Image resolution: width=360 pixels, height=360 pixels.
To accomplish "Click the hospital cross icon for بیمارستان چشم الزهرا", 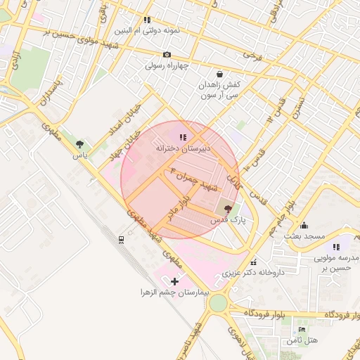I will (x=175, y=281).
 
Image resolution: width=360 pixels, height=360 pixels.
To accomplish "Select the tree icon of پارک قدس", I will (x=227, y=209).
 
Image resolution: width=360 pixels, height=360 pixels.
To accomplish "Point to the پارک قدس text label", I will (x=226, y=220).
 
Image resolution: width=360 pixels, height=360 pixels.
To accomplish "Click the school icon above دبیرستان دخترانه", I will (x=183, y=137).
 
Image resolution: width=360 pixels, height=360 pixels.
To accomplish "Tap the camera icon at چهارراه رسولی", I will (x=167, y=55).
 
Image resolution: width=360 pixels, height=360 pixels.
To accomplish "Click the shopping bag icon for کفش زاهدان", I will (x=220, y=73).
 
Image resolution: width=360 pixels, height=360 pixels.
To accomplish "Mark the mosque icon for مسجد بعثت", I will (x=304, y=225).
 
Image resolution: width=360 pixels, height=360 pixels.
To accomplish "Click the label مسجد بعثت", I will (x=303, y=236).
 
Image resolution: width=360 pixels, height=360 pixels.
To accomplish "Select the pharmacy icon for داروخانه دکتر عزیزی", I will (x=254, y=262).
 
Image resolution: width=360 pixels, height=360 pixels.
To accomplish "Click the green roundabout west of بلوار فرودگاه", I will (x=218, y=304).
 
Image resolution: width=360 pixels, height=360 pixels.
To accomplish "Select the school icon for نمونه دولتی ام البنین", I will (x=147, y=20).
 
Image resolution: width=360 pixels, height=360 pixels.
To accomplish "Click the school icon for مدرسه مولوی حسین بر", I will (x=336, y=247).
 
